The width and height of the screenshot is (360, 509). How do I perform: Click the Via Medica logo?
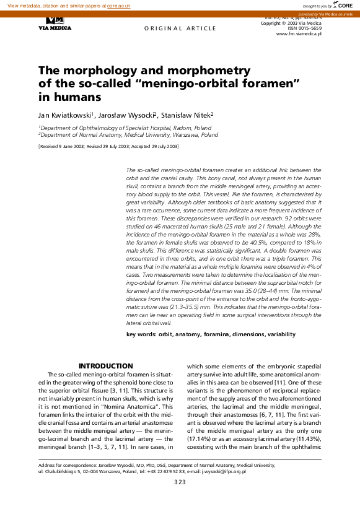(55, 24)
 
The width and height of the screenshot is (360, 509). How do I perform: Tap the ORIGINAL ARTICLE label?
(172, 29)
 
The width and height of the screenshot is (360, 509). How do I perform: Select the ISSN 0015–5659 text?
(302, 28)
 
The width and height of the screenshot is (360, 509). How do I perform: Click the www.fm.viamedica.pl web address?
(299, 33)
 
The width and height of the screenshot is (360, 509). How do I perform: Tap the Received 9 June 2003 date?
(63, 146)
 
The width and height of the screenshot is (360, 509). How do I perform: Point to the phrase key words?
(141, 334)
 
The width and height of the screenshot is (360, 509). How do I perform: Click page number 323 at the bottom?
(180, 482)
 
